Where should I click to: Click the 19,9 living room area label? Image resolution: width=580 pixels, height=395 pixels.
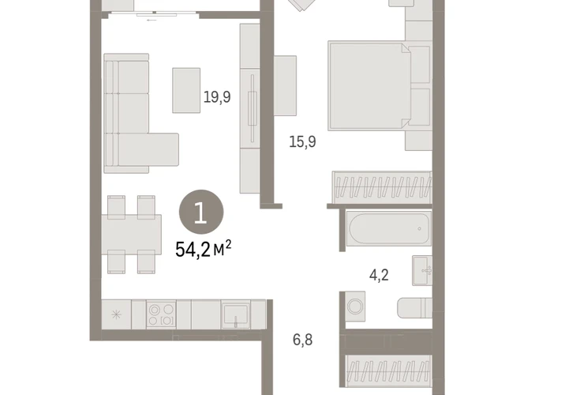pos(217,97)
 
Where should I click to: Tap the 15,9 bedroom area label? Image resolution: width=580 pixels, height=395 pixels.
pos(302,141)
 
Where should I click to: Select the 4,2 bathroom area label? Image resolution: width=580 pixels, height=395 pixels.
pos(379,275)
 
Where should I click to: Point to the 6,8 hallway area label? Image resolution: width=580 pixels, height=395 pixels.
pos(302,340)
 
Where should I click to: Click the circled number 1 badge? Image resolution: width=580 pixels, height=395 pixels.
pos(201,213)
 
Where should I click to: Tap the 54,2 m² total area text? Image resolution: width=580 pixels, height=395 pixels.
pos(203,249)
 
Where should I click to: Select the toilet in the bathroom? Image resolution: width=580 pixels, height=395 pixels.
pos(414,308)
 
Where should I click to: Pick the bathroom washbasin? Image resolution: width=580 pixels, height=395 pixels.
pos(422,271)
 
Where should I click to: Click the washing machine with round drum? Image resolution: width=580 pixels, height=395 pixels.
pos(355,307)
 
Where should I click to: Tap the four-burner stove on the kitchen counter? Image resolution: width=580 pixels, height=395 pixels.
pos(161,314)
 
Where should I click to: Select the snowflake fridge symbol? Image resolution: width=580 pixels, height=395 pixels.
pos(116,315)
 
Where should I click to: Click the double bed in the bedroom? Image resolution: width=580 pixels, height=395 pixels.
pos(369,85)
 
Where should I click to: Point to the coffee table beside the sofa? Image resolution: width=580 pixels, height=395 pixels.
pos(186,90)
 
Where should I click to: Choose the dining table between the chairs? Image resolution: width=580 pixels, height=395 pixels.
pos(131,235)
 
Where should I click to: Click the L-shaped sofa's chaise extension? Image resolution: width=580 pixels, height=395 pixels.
pos(163,149)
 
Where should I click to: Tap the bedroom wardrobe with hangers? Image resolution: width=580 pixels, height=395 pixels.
pos(382,187)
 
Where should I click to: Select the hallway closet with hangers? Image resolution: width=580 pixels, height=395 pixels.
pos(388,371)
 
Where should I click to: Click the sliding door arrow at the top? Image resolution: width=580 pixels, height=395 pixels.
pos(152,21)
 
